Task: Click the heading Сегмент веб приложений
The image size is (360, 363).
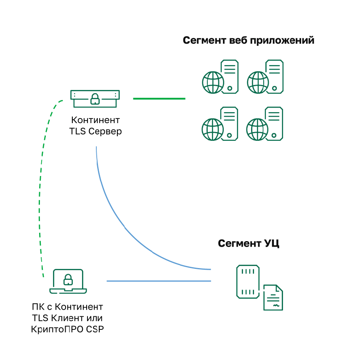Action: click(x=249, y=41)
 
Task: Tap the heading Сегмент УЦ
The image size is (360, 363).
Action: click(x=249, y=243)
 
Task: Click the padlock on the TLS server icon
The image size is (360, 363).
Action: click(x=95, y=99)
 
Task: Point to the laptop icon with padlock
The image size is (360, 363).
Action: click(x=68, y=281)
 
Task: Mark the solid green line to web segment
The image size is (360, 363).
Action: click(x=159, y=99)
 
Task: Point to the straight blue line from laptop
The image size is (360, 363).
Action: click(x=159, y=281)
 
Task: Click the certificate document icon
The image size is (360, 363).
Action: click(x=273, y=297)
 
